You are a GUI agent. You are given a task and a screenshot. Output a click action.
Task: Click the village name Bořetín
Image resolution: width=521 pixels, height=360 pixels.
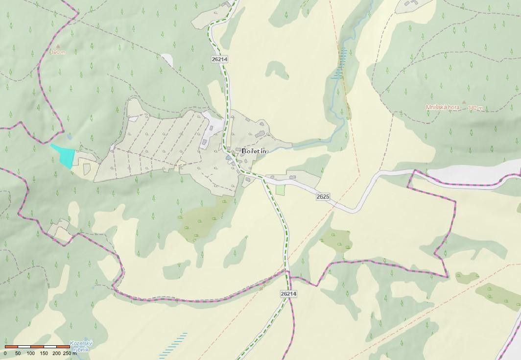[x=254, y=151]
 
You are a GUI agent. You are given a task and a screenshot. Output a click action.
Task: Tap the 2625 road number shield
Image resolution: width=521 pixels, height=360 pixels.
[x=323, y=196]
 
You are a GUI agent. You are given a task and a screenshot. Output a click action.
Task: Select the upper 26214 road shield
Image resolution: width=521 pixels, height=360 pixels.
[x=220, y=59]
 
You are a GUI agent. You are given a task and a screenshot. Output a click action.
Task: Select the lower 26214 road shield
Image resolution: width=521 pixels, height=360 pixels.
[x=289, y=293]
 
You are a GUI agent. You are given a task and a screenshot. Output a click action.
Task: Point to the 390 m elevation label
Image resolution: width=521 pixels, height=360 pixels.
[x=57, y=52]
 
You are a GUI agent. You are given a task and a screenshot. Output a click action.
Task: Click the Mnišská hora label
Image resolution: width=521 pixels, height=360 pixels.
[x=443, y=107]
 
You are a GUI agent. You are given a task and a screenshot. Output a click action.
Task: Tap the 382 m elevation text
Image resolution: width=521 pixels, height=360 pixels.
[x=475, y=108]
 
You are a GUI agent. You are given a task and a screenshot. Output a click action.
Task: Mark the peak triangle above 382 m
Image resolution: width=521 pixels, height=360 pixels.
[x=464, y=102]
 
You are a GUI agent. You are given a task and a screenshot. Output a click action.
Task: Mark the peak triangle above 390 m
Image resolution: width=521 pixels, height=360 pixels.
[x=64, y=46]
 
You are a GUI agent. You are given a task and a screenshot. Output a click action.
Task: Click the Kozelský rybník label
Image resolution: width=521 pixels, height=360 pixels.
[x=81, y=346]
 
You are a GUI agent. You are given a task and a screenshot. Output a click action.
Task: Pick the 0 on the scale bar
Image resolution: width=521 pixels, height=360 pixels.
[x=5, y=353]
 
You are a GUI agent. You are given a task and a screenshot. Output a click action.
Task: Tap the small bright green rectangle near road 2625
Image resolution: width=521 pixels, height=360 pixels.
[x=280, y=190]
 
